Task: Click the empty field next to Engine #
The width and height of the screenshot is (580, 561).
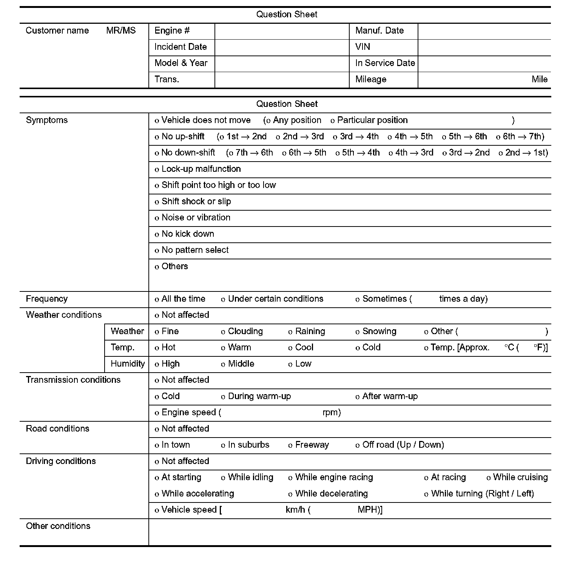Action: click(x=282, y=31)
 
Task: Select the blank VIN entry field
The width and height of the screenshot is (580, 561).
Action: click(x=484, y=47)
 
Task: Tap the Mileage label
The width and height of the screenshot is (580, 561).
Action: click(x=370, y=80)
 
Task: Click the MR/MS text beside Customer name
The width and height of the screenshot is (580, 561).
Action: click(x=121, y=31)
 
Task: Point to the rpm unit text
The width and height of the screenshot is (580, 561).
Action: click(x=331, y=413)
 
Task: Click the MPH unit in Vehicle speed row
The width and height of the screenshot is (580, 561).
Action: click(x=367, y=510)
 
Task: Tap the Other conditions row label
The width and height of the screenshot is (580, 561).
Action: click(x=58, y=526)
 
